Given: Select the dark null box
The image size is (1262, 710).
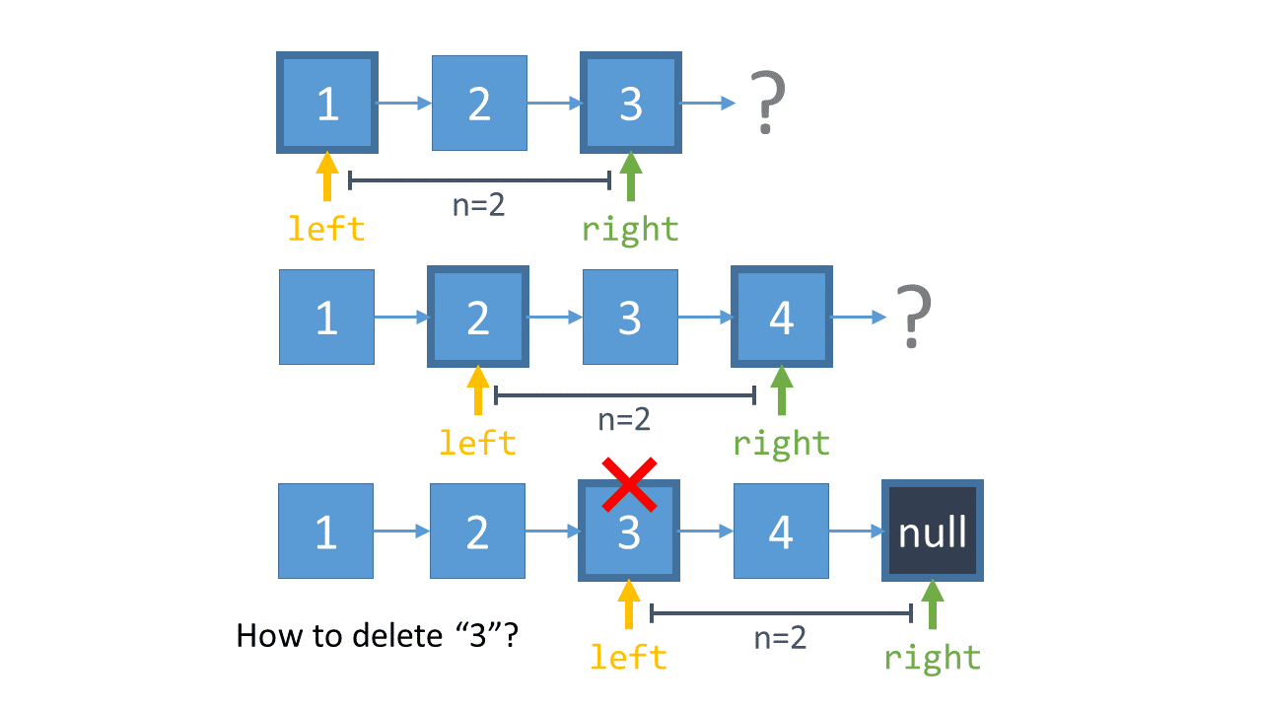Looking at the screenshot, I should click(932, 532).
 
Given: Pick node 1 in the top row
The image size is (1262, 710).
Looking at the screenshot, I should click(327, 103).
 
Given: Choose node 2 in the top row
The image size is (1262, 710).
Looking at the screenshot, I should click(479, 103).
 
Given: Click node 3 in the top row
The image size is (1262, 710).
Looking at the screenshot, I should click(631, 103).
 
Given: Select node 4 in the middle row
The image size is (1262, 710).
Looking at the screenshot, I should click(782, 317).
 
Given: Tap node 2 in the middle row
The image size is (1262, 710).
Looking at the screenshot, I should click(478, 317).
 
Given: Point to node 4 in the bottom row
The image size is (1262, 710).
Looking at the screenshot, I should click(781, 532).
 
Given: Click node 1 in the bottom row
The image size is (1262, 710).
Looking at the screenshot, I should click(326, 532).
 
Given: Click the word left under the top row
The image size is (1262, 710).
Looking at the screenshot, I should click(326, 229).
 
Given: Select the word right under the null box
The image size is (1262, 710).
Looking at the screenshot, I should click(932, 657).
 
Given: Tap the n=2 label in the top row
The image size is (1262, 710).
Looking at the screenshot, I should click(478, 206).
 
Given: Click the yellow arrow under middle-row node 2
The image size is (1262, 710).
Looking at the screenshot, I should click(478, 390).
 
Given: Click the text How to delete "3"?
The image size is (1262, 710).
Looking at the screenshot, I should click(378, 635).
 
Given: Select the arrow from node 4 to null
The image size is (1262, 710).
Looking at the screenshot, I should click(856, 532).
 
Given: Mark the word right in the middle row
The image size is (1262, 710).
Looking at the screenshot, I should click(782, 443).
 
